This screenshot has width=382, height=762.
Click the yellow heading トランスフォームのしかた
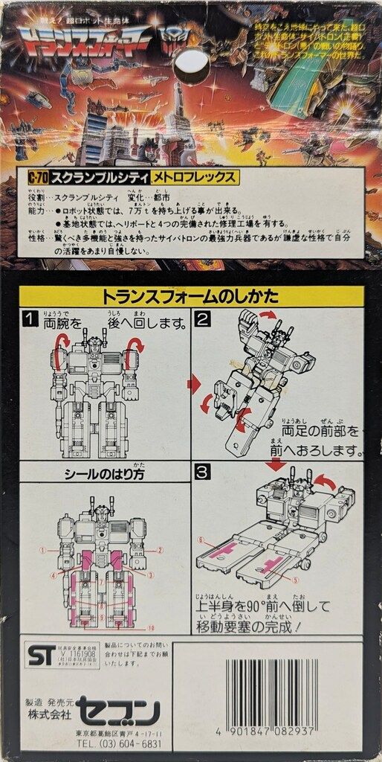tap(191, 295)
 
